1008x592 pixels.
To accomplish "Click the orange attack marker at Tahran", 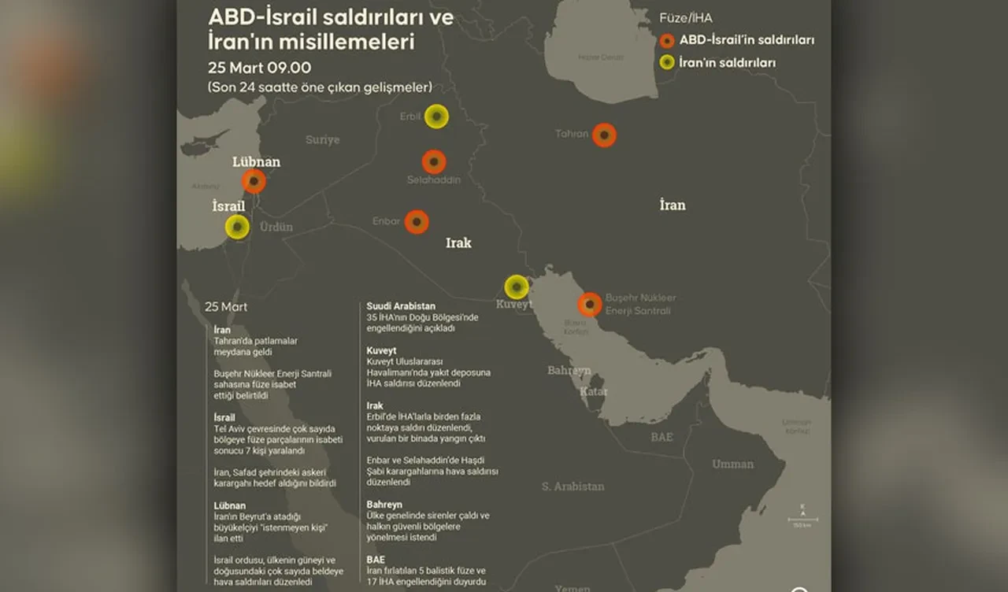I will pos(604,135).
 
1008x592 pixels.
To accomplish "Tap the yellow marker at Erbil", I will pos(436,117).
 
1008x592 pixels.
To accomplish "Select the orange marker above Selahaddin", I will pos(434,162).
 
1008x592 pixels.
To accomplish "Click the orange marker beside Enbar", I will pos(417,222).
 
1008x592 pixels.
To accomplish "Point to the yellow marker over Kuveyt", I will pos(517,287).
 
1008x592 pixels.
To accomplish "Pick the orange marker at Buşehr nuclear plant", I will pos(590,305).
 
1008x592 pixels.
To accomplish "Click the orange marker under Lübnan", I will pos(254,181).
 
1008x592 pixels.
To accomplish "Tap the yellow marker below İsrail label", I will pos(237,228).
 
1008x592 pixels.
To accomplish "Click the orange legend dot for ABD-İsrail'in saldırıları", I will pos(667,40).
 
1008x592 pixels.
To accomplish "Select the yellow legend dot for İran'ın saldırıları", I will pos(667,62).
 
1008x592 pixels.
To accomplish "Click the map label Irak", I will pos(458,243).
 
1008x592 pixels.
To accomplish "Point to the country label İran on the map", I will pos(673,205).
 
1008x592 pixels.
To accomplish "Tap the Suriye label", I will pos(322,140).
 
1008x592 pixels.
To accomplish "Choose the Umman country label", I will pos(732,464).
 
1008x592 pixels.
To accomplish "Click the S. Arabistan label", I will pos(573,487).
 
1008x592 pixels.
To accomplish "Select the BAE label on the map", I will pos(661,437).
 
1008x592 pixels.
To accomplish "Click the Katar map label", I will pos(594,391).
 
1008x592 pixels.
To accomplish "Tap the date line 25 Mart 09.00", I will pos(259,67).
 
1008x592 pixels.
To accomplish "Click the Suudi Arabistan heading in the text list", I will pos(401,305).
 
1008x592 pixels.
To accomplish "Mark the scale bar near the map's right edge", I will pos(802,520).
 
